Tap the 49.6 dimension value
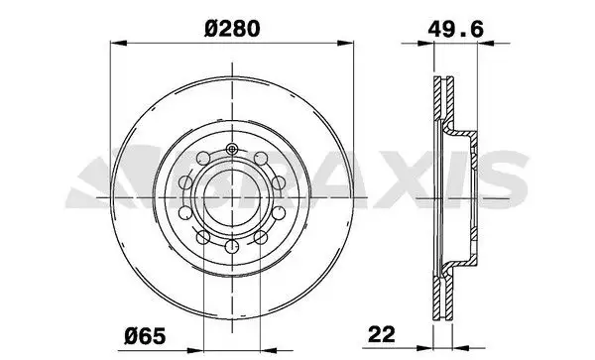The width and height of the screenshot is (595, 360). click(x=455, y=30)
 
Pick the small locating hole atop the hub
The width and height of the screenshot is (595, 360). click(x=230, y=150)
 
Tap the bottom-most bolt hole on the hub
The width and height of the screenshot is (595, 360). click(x=230, y=247)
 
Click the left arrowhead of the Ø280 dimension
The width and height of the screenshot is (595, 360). click(x=113, y=44)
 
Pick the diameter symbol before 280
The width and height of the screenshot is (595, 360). click(x=211, y=30)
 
